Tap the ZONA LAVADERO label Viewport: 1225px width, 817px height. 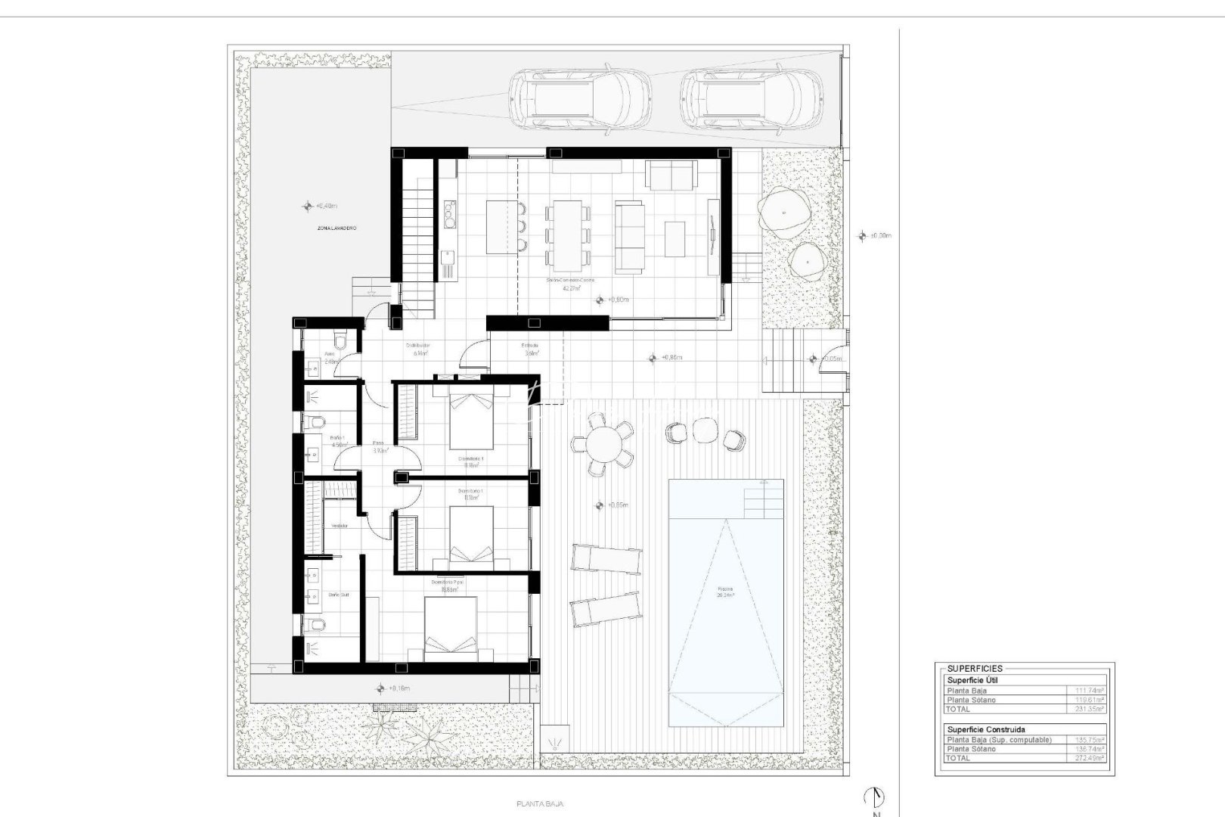(336, 228)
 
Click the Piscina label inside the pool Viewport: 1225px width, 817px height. (726, 589)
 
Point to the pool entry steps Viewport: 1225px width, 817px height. (763, 499)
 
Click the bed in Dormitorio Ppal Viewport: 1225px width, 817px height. (451, 625)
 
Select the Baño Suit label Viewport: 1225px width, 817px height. (338, 595)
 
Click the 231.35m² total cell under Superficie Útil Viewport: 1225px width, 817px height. (1090, 710)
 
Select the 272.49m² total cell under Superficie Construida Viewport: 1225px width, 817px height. (1090, 757)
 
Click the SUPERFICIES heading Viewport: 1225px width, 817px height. (975, 669)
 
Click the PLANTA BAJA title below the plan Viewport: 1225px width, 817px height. (539, 804)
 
